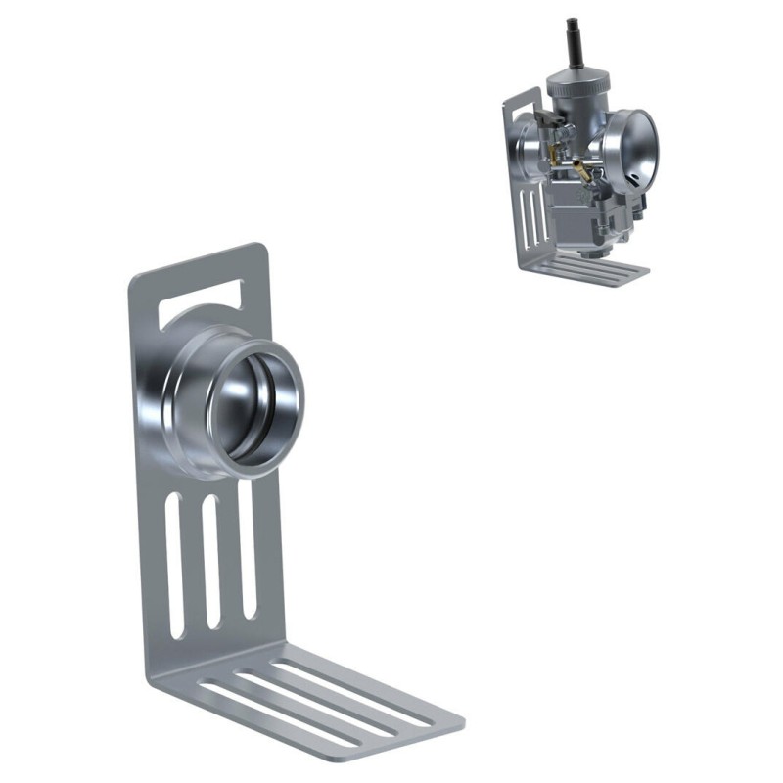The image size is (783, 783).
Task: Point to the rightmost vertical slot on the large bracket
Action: pos(247,548)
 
